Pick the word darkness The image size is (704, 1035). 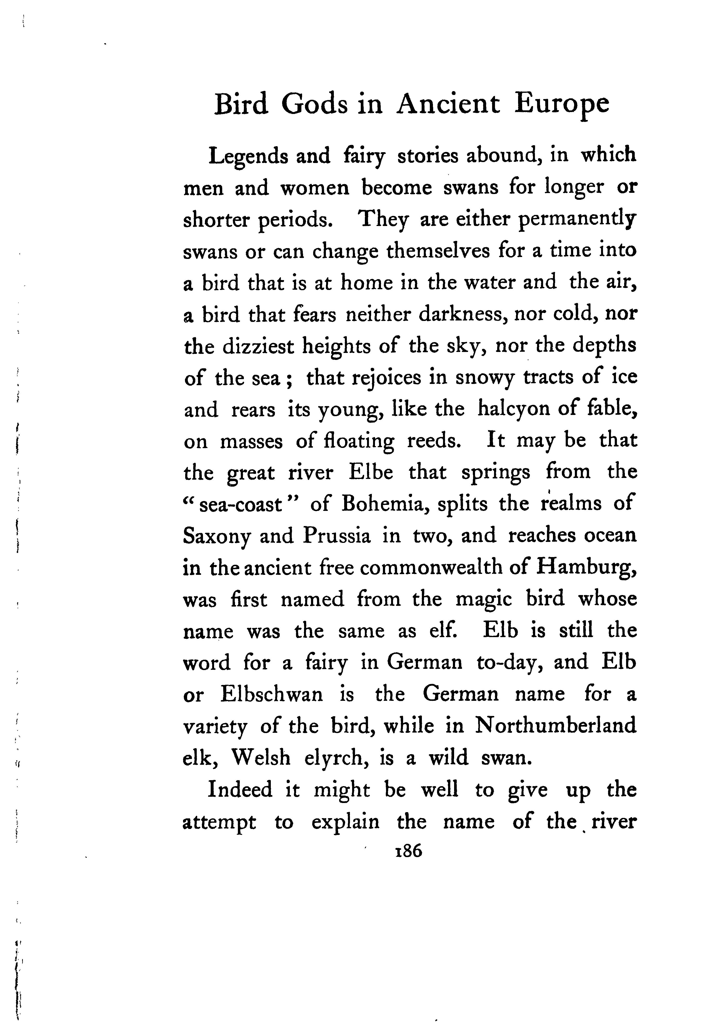tap(464, 315)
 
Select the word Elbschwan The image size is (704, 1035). tap(271, 695)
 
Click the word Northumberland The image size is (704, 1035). tap(555, 726)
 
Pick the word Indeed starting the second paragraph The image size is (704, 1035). tap(240, 790)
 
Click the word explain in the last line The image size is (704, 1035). tap(345, 822)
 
